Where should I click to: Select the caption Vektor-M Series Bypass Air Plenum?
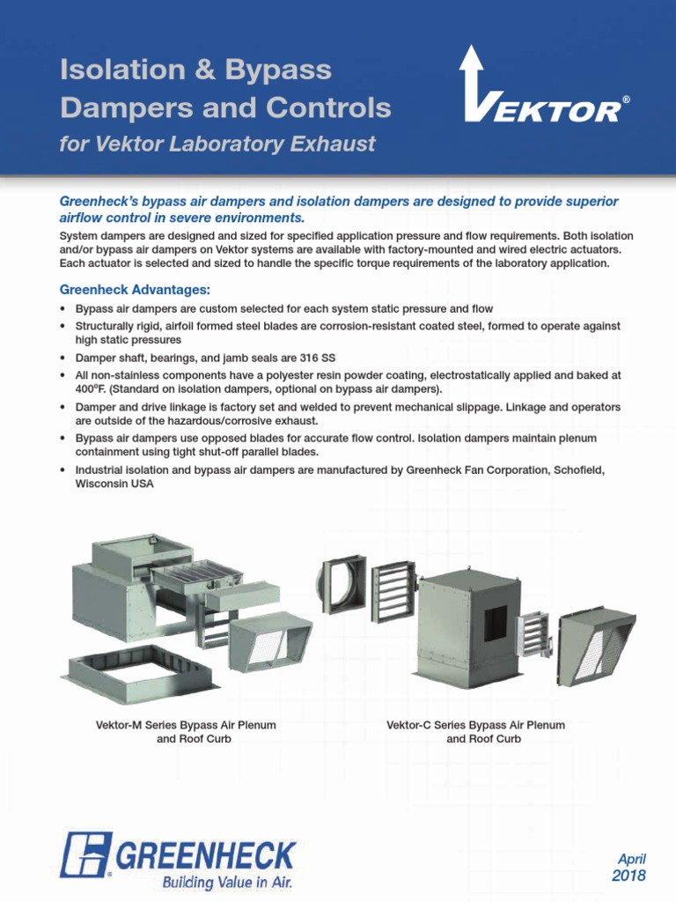(x=186, y=725)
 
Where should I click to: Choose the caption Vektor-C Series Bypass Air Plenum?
(x=475, y=725)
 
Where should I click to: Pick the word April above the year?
(x=631, y=859)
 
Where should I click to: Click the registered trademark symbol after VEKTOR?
(x=626, y=101)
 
